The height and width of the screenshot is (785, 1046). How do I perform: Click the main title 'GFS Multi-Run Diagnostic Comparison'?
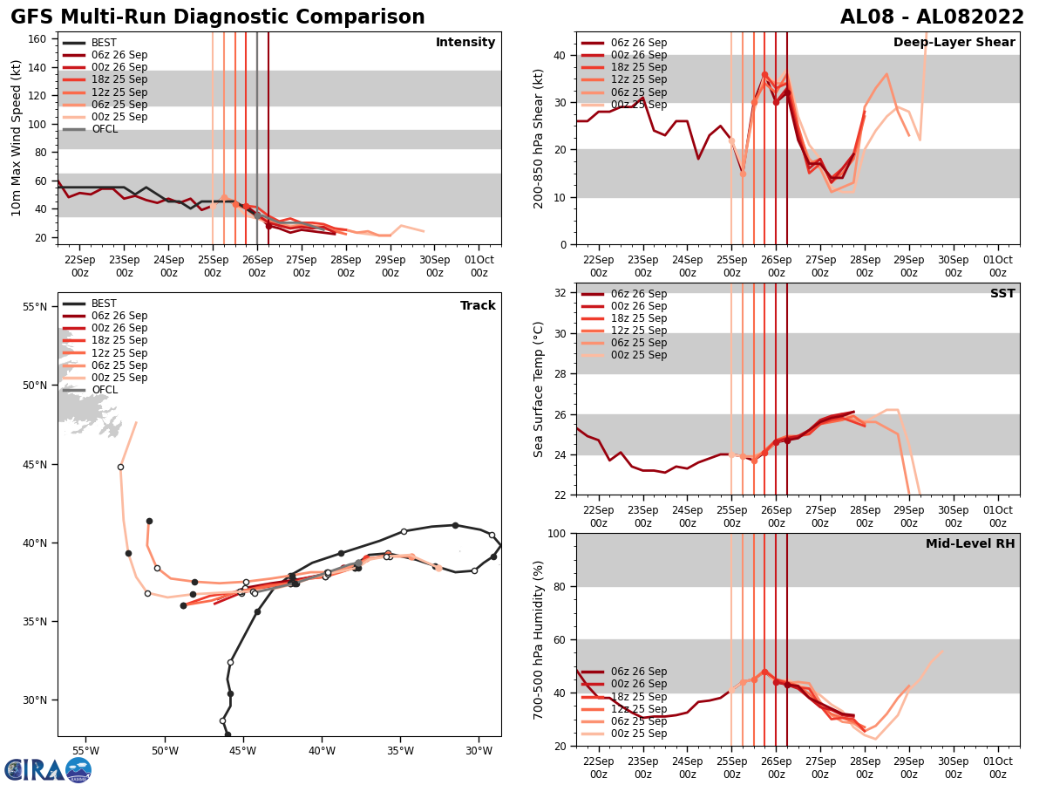[218, 17]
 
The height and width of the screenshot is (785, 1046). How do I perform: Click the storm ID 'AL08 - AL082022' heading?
[932, 17]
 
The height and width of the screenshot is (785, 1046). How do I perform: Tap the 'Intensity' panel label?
[465, 43]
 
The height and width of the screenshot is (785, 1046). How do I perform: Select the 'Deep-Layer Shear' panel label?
[954, 43]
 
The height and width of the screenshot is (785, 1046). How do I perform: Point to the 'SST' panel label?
[1002, 294]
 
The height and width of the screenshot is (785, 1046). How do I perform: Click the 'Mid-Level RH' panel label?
[970, 544]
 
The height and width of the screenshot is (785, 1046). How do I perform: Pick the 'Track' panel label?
[478, 306]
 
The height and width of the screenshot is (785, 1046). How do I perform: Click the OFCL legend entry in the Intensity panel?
[105, 129]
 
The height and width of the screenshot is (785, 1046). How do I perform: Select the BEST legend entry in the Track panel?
[104, 304]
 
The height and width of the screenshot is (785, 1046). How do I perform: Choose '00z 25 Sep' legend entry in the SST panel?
[638, 355]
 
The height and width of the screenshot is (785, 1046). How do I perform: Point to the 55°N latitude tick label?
[34, 307]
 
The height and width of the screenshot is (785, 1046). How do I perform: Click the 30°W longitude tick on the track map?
[479, 750]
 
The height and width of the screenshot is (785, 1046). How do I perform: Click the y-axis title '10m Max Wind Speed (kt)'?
[17, 138]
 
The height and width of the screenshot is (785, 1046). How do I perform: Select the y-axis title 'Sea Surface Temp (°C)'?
[539, 389]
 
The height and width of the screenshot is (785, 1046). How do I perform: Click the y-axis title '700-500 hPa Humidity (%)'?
[539, 639]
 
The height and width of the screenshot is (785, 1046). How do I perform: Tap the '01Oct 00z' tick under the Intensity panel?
[479, 266]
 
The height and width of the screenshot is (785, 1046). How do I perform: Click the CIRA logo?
[48, 770]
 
